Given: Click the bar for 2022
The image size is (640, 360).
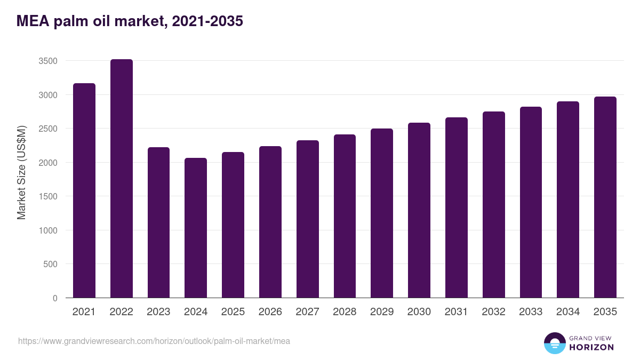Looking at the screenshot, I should click(121, 179).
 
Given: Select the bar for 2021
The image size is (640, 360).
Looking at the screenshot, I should click(84, 190).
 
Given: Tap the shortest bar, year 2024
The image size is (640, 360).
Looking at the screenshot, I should click(196, 228).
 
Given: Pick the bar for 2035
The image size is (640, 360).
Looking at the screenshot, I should click(605, 197).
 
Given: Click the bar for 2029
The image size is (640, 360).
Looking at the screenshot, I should click(382, 213).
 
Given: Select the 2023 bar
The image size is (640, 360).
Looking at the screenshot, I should click(158, 222).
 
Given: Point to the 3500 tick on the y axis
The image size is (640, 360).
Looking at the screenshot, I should click(48, 61).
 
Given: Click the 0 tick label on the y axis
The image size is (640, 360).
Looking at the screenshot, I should click(55, 298).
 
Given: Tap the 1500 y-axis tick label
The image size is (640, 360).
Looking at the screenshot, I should click(48, 197).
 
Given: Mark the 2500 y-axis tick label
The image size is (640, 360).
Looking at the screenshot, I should click(48, 129).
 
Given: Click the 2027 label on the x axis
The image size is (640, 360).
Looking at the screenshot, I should click(307, 312).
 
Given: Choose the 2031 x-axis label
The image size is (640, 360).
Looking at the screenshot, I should click(456, 312).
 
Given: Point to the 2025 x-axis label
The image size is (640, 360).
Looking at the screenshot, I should click(233, 312).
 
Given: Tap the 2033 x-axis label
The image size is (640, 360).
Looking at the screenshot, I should click(531, 312).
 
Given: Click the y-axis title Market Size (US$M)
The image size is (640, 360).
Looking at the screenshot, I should click(21, 172).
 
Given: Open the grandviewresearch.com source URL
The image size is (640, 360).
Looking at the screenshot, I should click(154, 341).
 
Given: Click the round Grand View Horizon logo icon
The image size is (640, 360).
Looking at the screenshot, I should click(555, 343).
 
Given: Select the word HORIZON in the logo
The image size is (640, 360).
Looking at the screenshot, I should click(591, 347).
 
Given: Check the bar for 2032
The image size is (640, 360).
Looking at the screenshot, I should click(493, 205).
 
